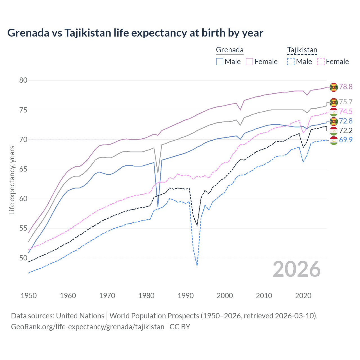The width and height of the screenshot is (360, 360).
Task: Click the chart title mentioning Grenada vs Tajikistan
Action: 135,33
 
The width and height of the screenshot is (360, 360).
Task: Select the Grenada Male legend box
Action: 220,62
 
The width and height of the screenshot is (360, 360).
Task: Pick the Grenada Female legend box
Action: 249,62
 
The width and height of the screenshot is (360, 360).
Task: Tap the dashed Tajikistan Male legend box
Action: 291,62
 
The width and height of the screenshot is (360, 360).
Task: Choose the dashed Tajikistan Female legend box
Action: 321,62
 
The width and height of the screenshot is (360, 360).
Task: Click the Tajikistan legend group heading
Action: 302,50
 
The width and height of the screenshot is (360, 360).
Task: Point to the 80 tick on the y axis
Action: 23,80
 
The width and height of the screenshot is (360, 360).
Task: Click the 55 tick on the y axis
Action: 23,228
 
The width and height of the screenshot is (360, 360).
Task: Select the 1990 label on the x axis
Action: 186,296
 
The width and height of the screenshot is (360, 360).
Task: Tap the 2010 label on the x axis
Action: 264,296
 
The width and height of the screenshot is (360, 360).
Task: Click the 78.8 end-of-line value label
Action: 346,87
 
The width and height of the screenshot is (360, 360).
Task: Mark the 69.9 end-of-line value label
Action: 346,140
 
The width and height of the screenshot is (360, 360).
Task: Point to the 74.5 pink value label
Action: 346,111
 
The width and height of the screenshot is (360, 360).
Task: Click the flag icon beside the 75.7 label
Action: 334,102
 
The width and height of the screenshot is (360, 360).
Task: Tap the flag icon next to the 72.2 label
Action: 334,131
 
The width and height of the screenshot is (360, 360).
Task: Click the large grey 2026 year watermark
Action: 297,269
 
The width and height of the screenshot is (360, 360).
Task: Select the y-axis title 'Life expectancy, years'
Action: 12,180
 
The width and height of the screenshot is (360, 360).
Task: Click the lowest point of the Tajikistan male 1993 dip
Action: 197,265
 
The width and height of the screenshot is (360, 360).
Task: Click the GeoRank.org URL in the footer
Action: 87,327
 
